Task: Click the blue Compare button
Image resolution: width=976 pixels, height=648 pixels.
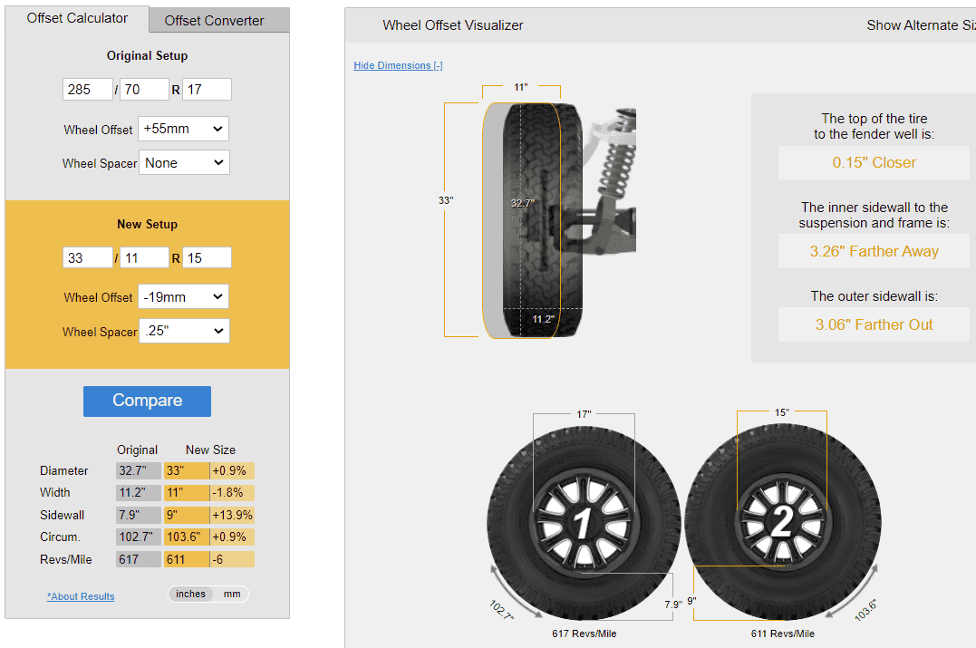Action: click(x=147, y=401)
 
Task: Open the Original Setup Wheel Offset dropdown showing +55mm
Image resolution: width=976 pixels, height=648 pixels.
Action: click(x=183, y=129)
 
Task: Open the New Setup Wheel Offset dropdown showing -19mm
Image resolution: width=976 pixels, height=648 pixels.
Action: click(x=183, y=297)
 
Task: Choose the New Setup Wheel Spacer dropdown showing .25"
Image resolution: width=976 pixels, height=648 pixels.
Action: click(x=184, y=331)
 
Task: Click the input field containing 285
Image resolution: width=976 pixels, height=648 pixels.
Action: click(x=88, y=90)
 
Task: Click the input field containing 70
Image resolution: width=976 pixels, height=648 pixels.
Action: click(x=144, y=90)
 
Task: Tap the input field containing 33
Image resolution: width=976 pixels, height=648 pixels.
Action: click(x=88, y=257)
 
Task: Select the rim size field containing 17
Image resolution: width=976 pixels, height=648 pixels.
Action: click(x=207, y=90)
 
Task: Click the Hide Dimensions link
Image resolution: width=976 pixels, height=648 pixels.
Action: click(x=398, y=65)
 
